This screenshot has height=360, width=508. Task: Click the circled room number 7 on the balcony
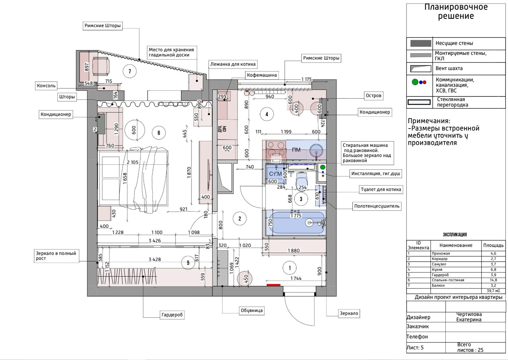point(130,71)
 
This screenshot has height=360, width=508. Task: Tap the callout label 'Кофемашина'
point(262,75)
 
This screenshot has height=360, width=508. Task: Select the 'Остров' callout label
point(373,95)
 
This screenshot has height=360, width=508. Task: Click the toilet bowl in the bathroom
point(301,180)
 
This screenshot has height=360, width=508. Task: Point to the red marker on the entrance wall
point(274,285)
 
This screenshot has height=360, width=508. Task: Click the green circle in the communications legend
point(415,82)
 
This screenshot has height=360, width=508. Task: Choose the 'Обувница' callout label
point(252,311)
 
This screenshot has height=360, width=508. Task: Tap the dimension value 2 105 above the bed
point(133,162)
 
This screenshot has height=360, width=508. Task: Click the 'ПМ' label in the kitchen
point(296,150)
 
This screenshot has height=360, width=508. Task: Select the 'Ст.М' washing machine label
point(275,174)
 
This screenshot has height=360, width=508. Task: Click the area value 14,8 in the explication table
point(493,280)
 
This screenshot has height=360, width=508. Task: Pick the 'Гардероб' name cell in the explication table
point(440,275)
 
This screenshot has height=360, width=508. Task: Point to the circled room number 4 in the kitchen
point(267,114)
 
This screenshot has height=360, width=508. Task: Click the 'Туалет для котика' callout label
point(381,190)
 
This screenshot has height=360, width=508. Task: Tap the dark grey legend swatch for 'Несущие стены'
point(421,43)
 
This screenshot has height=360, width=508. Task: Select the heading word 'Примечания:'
point(429,121)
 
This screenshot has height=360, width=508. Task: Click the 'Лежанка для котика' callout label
point(233,64)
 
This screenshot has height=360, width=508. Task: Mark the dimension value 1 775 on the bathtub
point(296,216)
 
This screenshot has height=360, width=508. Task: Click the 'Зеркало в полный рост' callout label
point(56,256)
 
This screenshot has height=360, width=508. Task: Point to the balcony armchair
point(101,66)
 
